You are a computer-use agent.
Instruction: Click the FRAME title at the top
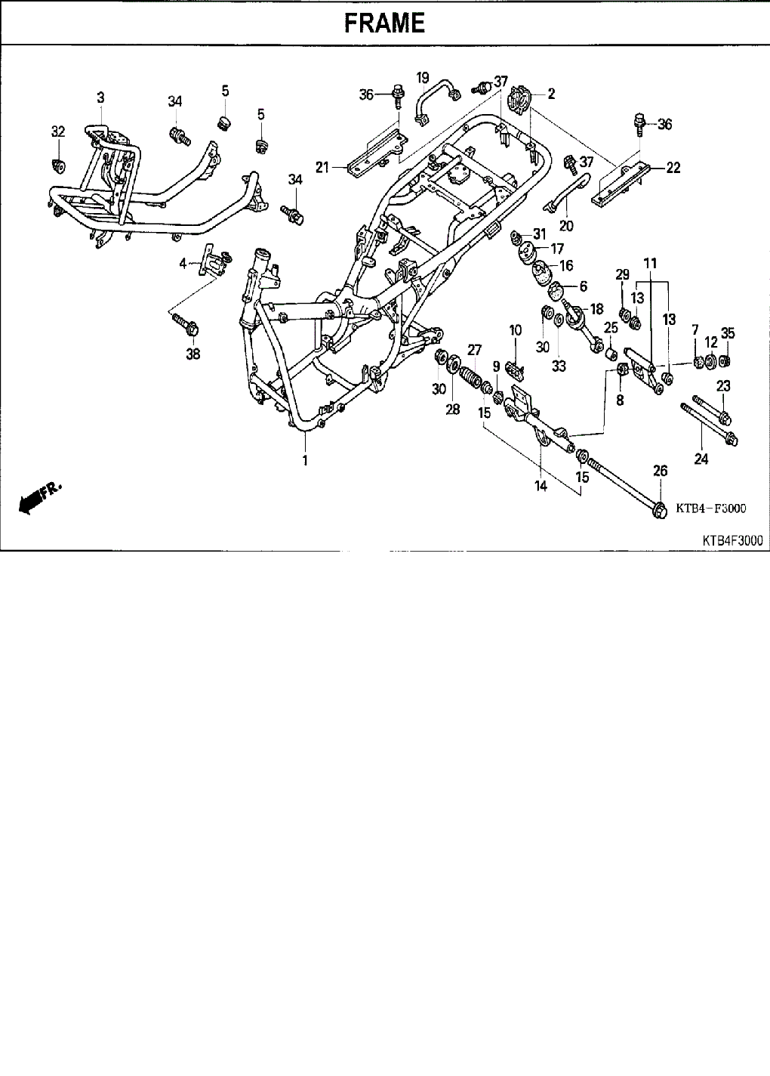[x=384, y=23]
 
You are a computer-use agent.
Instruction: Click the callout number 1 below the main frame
[x=305, y=460]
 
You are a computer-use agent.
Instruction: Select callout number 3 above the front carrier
[x=100, y=97]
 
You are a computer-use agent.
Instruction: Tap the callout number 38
[x=193, y=353]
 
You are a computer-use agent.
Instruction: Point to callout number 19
[x=423, y=77]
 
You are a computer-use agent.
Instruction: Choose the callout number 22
[x=673, y=168]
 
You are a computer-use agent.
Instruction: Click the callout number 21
[x=322, y=167]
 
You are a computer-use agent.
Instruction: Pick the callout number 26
[x=660, y=471]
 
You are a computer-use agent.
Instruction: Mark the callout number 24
[x=701, y=458]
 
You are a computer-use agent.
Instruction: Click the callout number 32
[x=58, y=131]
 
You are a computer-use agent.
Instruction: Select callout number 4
[x=183, y=263]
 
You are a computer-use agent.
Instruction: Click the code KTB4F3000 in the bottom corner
[x=731, y=541]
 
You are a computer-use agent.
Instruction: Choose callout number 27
[x=474, y=349]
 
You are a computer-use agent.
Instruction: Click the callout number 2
[x=552, y=94]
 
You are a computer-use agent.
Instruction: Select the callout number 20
[x=566, y=225]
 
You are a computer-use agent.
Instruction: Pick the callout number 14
[x=541, y=487]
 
